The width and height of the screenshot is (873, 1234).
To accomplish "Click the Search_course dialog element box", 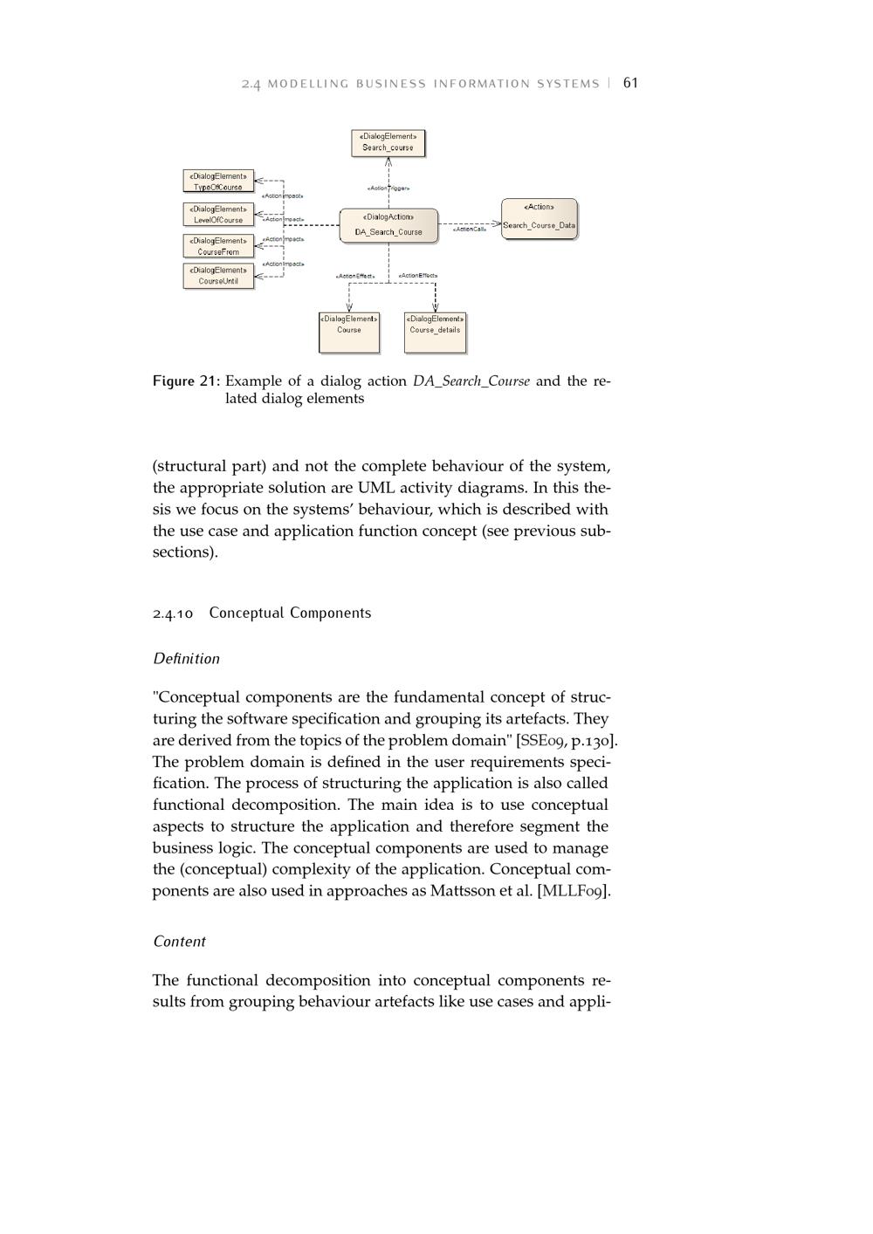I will (388, 142).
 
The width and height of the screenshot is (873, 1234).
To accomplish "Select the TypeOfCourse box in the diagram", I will (218, 182).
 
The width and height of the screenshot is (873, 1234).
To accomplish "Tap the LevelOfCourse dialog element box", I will (218, 215).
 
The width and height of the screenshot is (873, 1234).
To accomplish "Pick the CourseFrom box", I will (218, 246).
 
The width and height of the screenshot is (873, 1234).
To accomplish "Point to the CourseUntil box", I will (218, 276).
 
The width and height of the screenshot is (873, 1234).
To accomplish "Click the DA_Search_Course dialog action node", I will (388, 225).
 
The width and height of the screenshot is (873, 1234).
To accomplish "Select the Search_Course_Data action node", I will (539, 218).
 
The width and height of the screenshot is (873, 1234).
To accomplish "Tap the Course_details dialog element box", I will (435, 332).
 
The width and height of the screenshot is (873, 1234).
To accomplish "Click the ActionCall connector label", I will (470, 230).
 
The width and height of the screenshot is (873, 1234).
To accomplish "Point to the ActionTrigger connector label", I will (388, 188).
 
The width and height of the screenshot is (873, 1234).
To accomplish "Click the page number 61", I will (630, 83).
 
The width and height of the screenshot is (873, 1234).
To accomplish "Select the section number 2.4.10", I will (173, 614).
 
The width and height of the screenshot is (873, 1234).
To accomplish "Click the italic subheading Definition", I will (186, 659).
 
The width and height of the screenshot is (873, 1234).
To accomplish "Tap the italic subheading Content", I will (179, 942).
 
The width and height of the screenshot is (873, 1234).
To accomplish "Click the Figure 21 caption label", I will (186, 381).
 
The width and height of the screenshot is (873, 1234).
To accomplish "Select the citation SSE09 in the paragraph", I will (542, 741).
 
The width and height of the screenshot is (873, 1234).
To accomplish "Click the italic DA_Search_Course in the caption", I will (471, 381).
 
